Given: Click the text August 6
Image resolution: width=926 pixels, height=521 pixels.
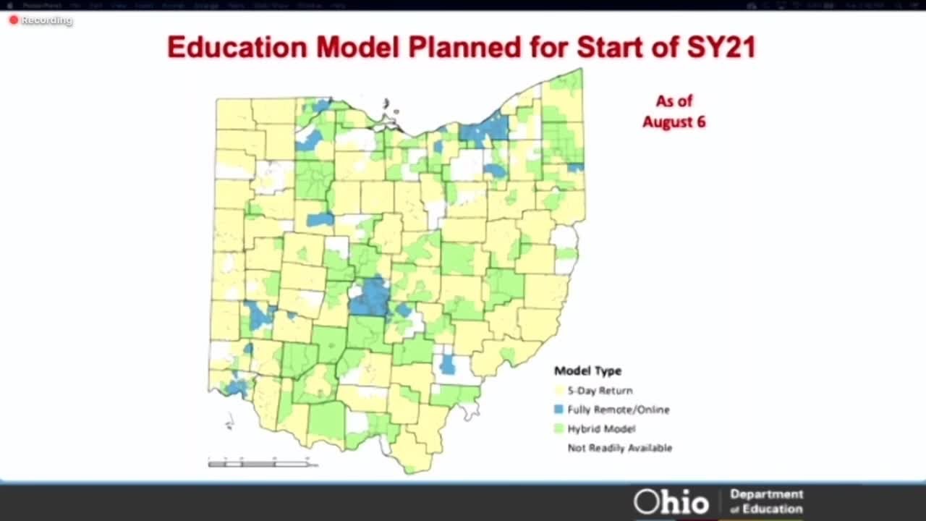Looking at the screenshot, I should tap(674, 122).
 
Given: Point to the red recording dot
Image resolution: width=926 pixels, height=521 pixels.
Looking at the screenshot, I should tap(13, 20).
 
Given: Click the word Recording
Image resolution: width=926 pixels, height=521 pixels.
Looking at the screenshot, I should tap(46, 20).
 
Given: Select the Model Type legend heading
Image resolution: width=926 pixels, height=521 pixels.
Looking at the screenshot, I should tap(587, 371).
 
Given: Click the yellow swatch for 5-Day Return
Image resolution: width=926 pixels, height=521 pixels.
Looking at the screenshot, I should tap(558, 391).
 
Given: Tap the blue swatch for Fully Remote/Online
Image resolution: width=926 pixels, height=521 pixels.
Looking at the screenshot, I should tap(558, 410).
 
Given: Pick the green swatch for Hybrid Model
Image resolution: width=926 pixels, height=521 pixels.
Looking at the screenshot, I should tap(558, 428).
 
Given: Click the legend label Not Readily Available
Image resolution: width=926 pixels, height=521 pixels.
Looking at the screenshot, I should tap(619, 448).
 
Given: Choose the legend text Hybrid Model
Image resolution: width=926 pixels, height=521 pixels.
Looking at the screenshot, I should tap(601, 428).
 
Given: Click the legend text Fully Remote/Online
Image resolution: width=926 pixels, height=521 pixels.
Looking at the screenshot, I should tap(618, 410).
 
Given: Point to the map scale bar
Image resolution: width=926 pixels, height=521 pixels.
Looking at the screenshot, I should tap(262, 462).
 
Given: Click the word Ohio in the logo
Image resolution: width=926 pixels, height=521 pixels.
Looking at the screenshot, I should tap(671, 501).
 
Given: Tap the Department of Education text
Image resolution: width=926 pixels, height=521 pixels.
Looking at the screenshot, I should tap(766, 501).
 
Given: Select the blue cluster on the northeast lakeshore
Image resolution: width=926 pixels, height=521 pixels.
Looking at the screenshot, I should tap(486, 130).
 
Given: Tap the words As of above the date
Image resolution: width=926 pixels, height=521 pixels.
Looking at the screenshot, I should tap(674, 101).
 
